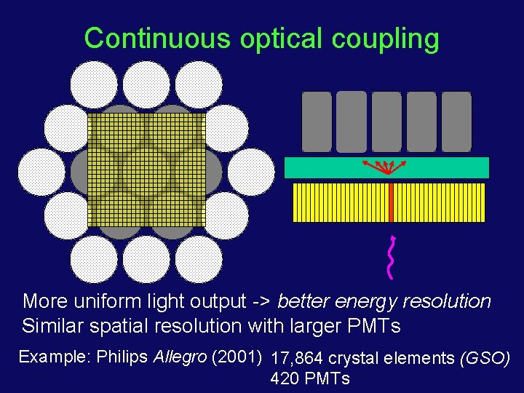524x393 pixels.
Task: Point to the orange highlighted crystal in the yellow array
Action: tap(391, 202)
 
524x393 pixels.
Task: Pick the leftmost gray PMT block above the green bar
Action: tap(316, 122)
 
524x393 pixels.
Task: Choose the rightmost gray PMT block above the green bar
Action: tap(456, 122)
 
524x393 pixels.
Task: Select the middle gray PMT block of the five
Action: tap(386, 122)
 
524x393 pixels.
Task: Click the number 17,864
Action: tap(297, 359)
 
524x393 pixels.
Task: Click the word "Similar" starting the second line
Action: tap(49, 326)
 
